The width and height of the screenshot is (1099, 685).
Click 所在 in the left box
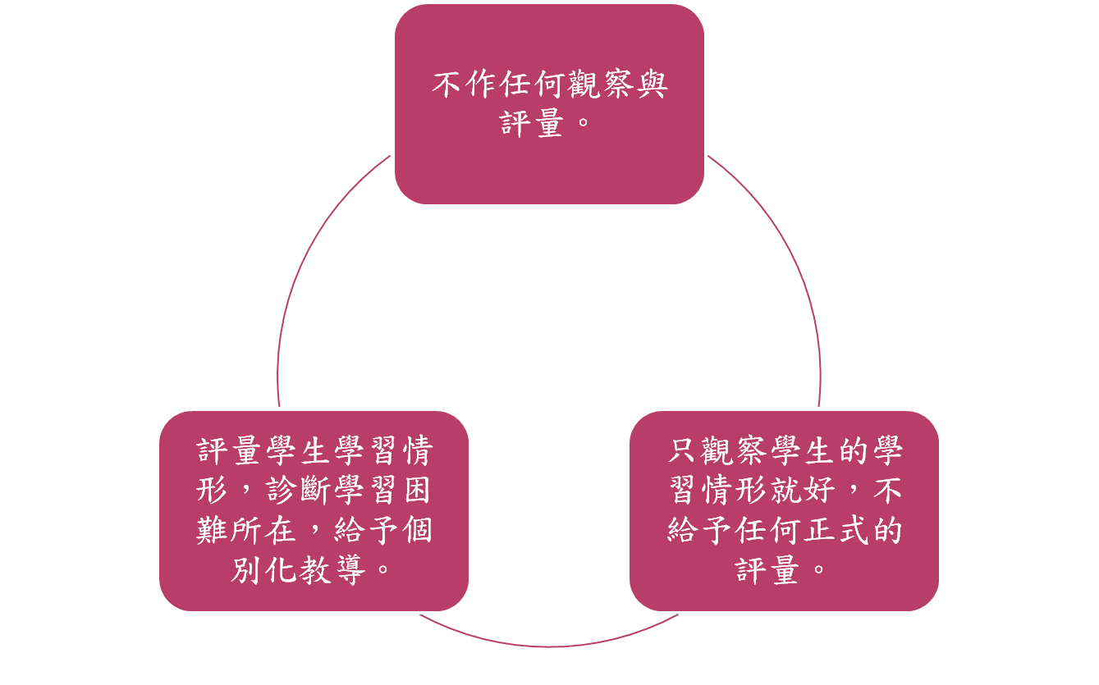point(263,530)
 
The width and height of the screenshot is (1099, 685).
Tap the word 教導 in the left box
point(330,569)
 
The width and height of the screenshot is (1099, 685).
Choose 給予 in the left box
point(364,530)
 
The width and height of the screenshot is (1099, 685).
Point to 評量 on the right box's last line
point(768,569)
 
